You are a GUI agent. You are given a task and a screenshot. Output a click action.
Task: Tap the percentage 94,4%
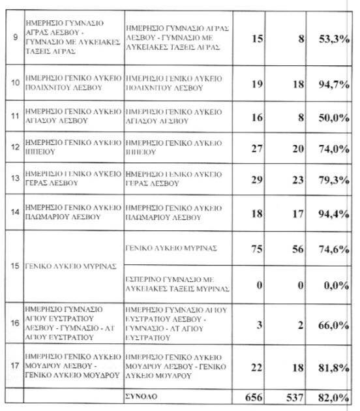tap(332, 211)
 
